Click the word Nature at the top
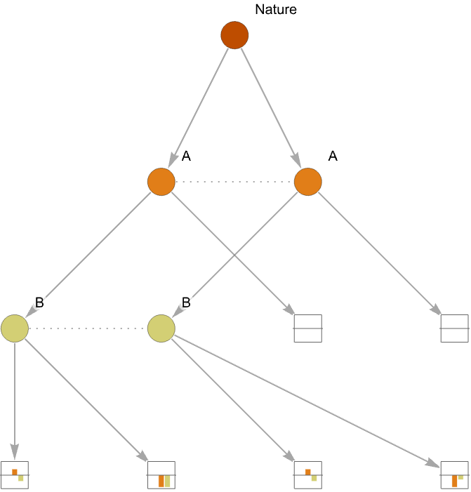pos(275,9)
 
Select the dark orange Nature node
pos(234,35)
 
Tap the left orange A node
pos(161,182)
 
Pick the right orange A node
pos(308,182)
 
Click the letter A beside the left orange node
pos(186,156)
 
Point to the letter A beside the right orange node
pos(333,156)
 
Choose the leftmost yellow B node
pos(15,328)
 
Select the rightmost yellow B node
pos(161,328)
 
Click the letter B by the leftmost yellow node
pos(39,302)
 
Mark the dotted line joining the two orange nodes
pos(234,182)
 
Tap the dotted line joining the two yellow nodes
pos(88,328)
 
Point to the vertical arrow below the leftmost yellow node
pos(15,401)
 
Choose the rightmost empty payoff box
pos(454,328)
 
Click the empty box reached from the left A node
pos(308,328)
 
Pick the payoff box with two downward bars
pos(161,474)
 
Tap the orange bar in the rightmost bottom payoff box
pos(454,481)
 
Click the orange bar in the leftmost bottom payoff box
pos(15,472)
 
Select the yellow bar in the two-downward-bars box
pos(167,481)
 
